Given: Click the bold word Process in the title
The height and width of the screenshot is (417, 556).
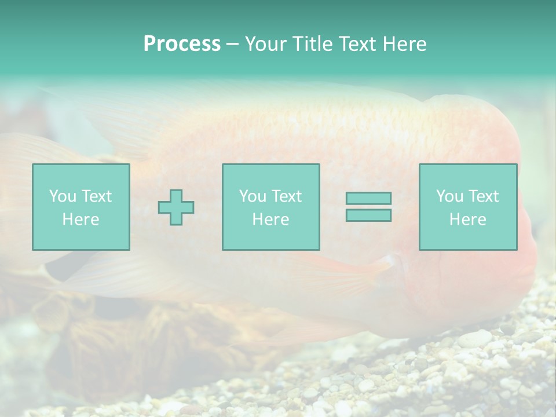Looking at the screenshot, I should click(182, 44).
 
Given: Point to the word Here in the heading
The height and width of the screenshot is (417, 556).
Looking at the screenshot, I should click(405, 44).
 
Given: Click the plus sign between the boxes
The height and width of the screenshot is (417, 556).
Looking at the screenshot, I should click(176, 207).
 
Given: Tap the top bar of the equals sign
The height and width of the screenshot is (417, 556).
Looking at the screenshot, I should click(368, 198).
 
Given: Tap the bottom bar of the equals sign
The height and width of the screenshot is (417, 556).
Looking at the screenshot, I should click(368, 215).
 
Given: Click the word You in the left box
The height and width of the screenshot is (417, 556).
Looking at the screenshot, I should click(63, 196).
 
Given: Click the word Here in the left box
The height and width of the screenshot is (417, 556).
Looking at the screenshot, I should click(81, 220).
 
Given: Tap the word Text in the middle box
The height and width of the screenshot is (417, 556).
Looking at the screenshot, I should click(286, 196).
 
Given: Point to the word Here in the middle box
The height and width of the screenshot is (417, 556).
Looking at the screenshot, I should click(270, 220).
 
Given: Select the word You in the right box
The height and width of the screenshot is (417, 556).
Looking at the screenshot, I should click(449, 196).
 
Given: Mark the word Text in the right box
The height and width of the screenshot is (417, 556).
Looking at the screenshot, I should click(483, 196).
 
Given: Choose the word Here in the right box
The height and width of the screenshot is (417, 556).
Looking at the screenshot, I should click(467, 220).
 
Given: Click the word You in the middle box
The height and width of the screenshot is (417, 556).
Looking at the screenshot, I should click(253, 196).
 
